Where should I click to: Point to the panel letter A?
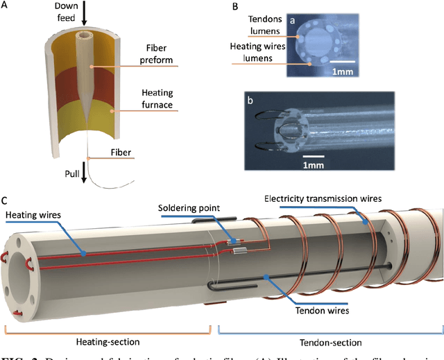6,6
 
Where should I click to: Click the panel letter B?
234,6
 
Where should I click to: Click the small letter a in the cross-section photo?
293,21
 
